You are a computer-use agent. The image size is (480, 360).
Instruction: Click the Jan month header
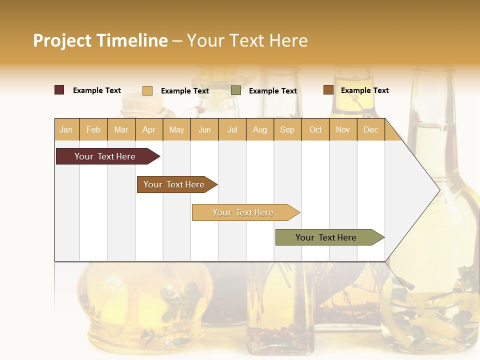[66, 129]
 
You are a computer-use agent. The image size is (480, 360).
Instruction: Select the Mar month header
[121, 129]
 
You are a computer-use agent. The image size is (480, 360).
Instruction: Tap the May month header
[176, 129]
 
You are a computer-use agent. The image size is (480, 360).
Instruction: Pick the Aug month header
[259, 129]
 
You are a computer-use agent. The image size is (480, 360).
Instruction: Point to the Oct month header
[315, 129]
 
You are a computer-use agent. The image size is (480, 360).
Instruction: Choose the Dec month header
[370, 129]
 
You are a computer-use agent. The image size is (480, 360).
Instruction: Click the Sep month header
[287, 129]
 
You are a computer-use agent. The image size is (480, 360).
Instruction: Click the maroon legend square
[59, 90]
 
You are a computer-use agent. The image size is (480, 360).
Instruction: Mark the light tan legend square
[147, 90]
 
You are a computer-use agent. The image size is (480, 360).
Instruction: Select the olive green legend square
[236, 90]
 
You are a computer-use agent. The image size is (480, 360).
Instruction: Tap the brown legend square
[328, 90]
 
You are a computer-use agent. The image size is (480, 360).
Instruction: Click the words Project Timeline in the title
[100, 40]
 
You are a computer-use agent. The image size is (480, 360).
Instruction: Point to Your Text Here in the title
[247, 40]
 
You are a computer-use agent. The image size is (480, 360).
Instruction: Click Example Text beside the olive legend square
[272, 91]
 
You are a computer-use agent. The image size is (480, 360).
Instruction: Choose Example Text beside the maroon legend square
[97, 90]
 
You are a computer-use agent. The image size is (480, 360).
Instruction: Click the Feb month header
[93, 129]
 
